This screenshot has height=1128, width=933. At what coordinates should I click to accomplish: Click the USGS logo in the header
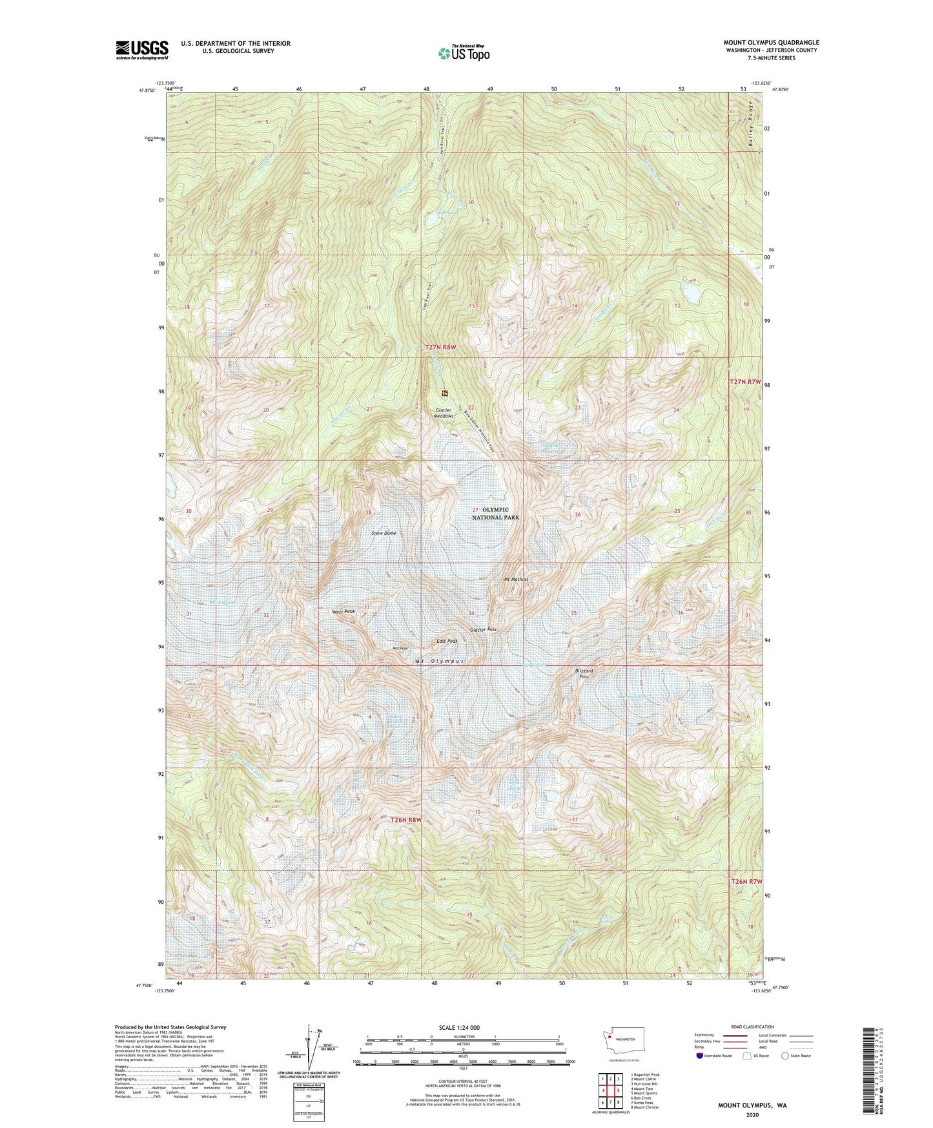[142, 50]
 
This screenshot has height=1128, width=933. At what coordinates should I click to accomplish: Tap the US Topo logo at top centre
[463, 53]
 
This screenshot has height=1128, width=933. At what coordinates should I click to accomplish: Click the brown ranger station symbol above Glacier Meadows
[445, 393]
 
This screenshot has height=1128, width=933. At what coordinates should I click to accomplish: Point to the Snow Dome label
[384, 533]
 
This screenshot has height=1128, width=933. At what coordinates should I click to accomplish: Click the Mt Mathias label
[516, 580]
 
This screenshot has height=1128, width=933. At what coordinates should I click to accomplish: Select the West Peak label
[343, 611]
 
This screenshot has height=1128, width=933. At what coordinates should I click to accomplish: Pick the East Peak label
[446, 641]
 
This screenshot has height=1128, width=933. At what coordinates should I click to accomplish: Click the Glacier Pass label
[483, 629]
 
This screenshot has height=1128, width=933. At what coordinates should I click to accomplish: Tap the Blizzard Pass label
[584, 673]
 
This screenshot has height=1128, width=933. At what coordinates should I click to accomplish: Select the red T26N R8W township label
[406, 820]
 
